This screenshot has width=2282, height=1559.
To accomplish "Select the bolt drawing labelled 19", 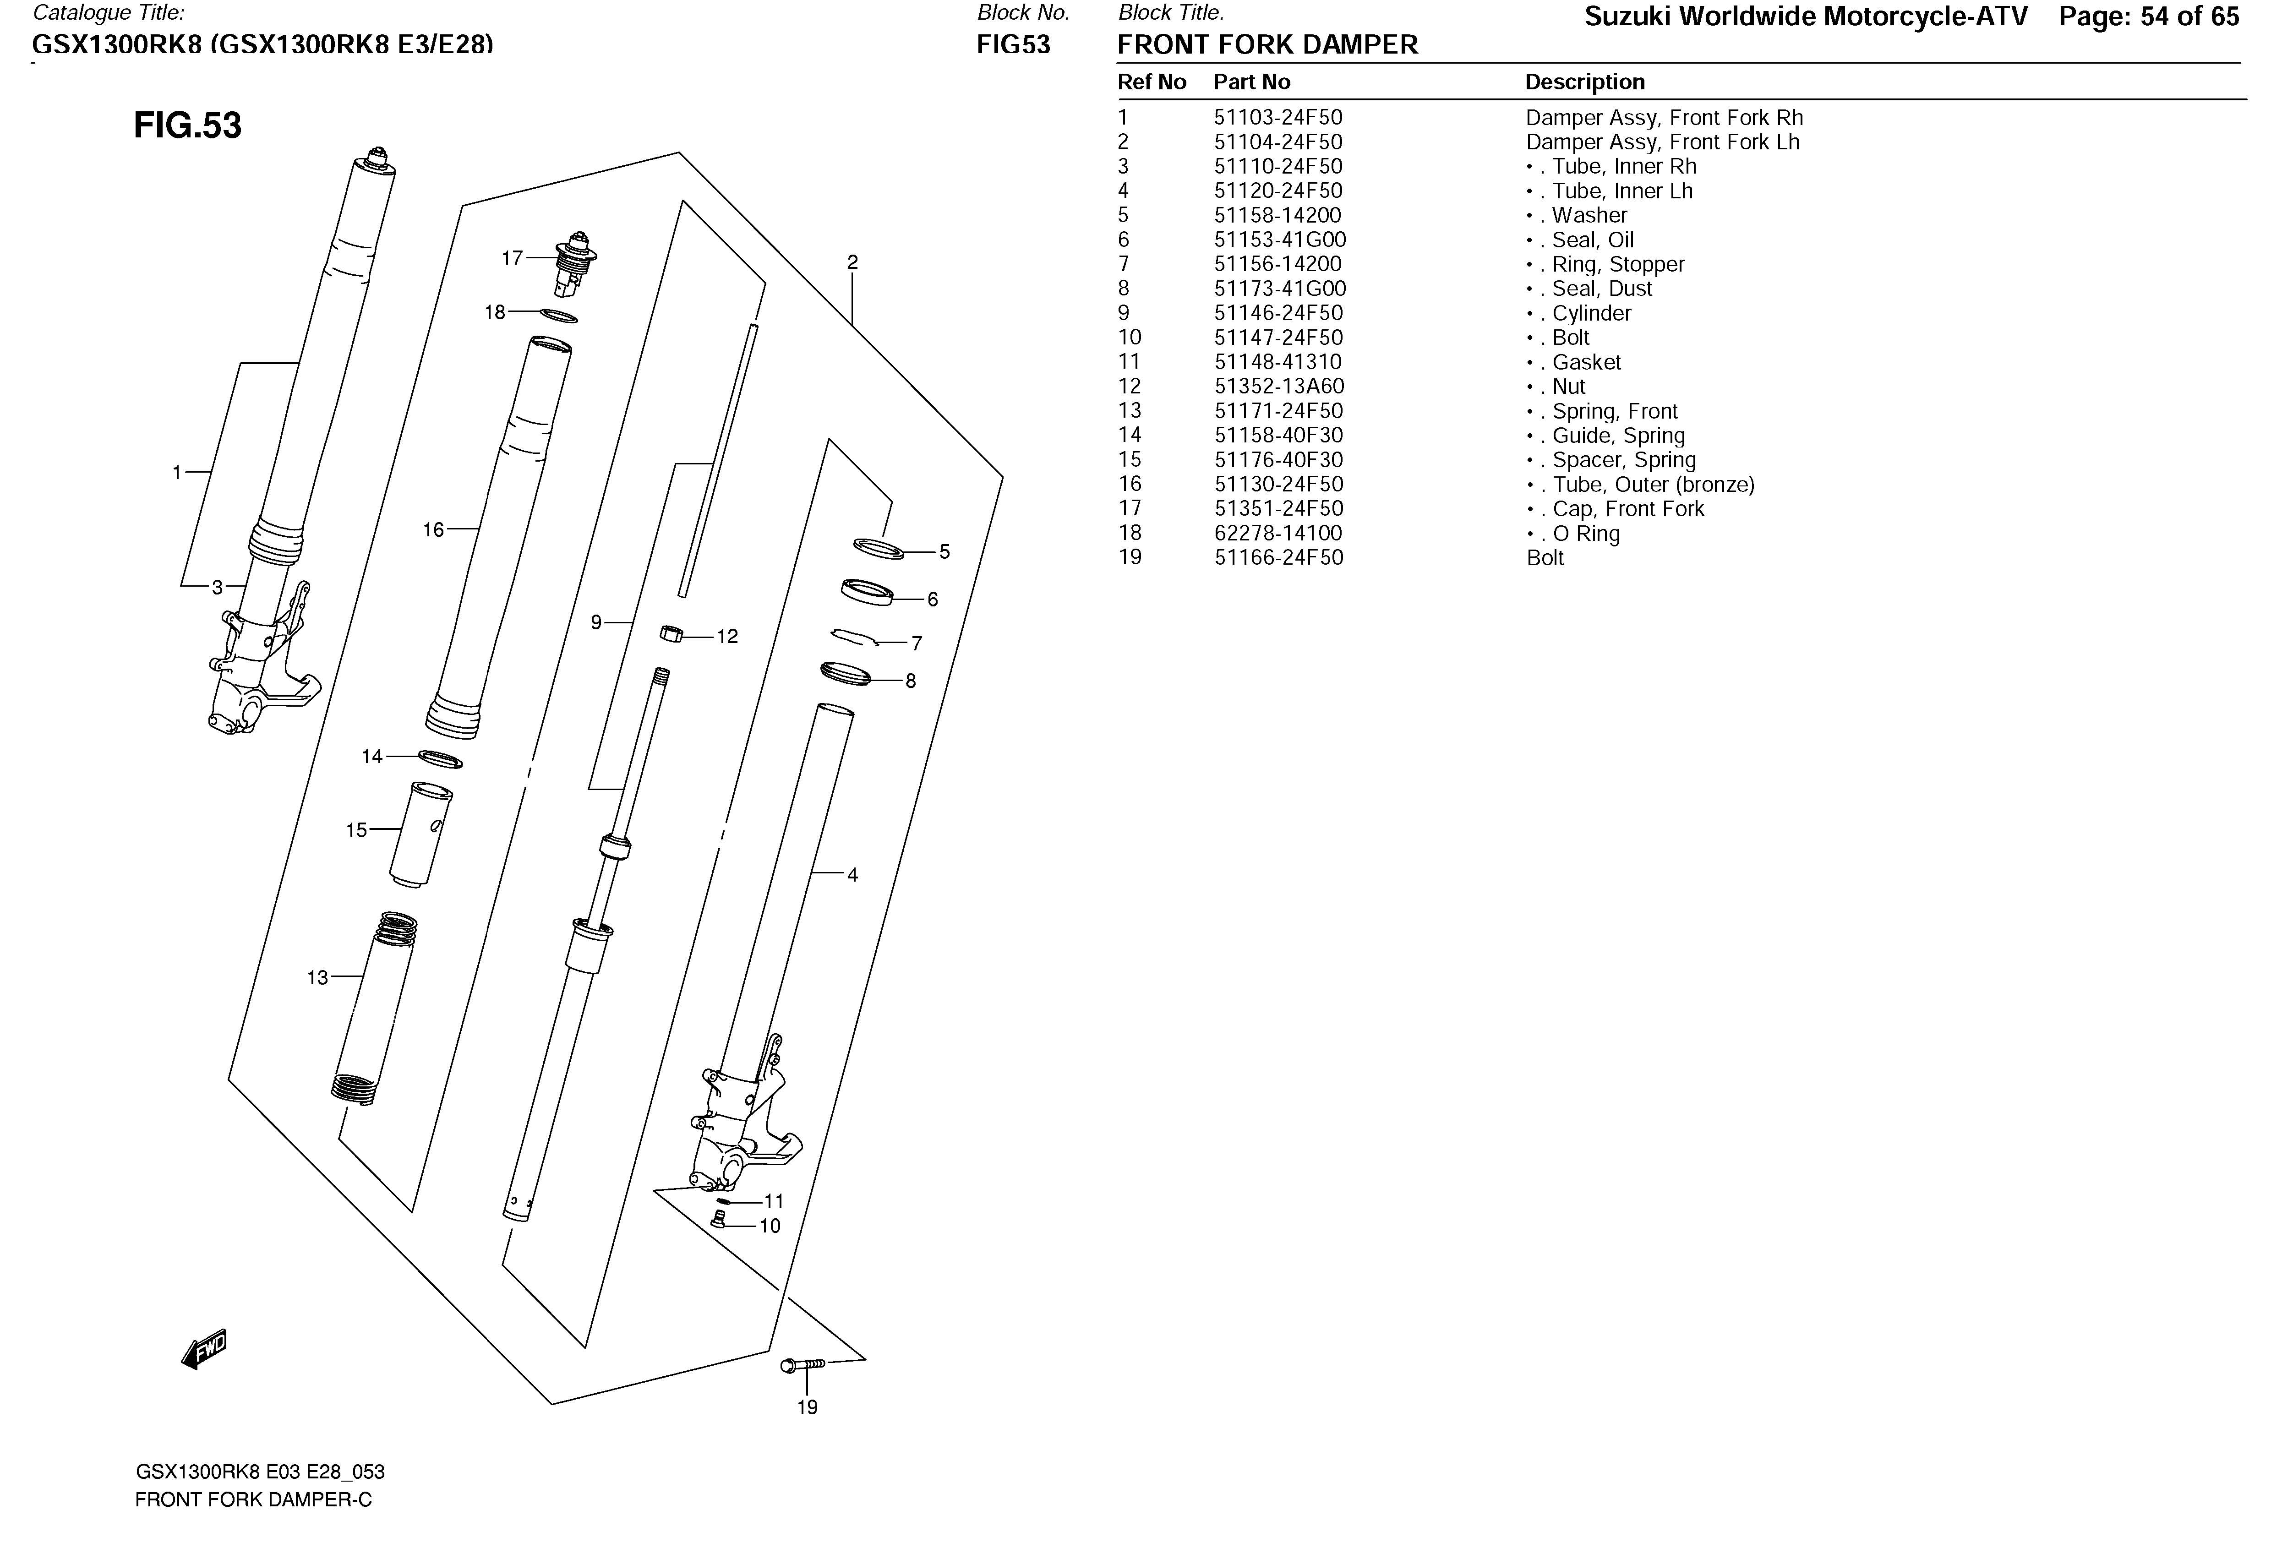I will tap(802, 1365).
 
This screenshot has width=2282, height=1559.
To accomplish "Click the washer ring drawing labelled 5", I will tap(878, 548).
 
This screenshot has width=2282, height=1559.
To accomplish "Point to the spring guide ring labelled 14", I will tap(440, 759).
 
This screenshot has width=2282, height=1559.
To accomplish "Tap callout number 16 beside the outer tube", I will tap(433, 530).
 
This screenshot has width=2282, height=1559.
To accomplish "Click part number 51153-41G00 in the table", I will tap(1279, 240).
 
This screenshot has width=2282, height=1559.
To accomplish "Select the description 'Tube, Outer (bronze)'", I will tap(1653, 484).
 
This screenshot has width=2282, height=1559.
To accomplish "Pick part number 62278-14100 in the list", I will tap(1277, 533).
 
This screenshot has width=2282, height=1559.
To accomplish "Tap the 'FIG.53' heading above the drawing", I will tap(187, 125).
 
